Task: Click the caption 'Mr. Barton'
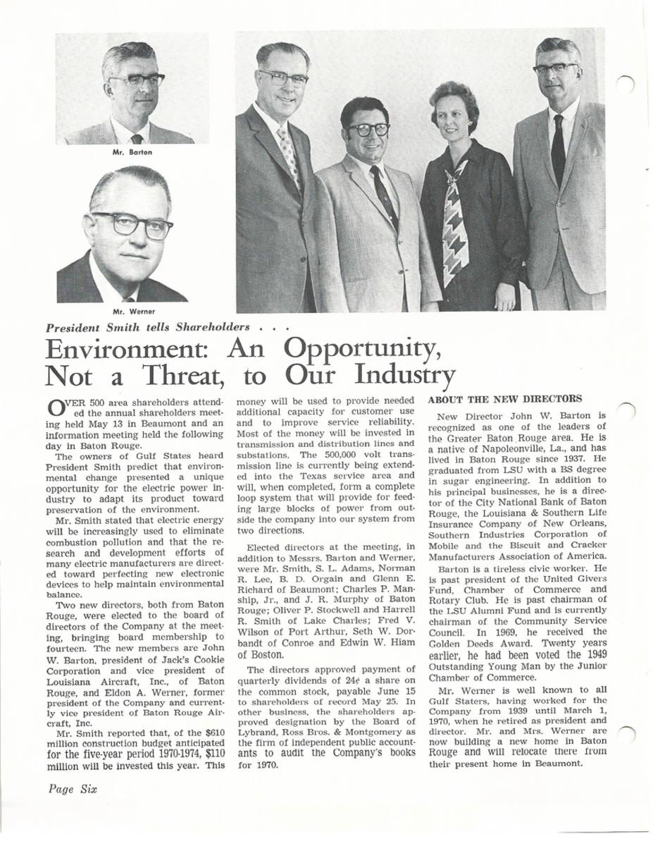[132, 152]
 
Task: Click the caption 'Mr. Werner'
[134, 311]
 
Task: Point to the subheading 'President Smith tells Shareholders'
[147, 327]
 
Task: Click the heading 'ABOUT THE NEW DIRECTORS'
[505, 398]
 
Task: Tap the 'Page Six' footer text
[73, 789]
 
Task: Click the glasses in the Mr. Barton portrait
[137, 80]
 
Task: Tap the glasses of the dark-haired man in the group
[368, 130]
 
